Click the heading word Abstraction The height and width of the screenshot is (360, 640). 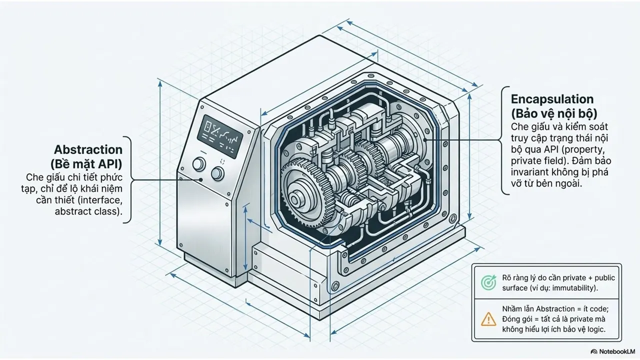(x=88, y=149)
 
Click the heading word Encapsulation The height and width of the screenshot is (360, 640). (x=552, y=99)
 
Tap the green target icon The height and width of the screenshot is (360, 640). (x=488, y=282)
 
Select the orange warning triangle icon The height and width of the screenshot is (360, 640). (x=488, y=319)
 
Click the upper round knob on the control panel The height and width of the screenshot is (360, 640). (x=199, y=163)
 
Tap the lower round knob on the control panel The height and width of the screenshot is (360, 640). (x=217, y=173)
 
